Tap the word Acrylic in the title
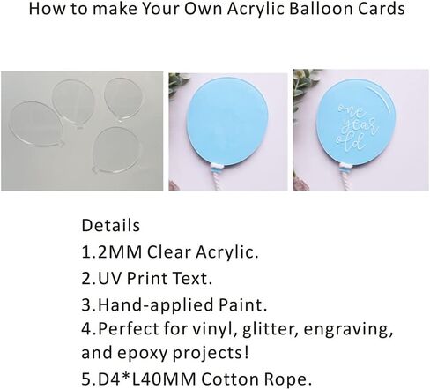[256, 10]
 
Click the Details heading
[111, 226]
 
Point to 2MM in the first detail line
[120, 252]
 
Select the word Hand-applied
[155, 305]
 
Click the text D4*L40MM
[146, 379]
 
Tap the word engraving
[348, 330]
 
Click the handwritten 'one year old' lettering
[356, 127]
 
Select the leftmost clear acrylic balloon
[37, 124]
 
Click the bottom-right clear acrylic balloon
[116, 151]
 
